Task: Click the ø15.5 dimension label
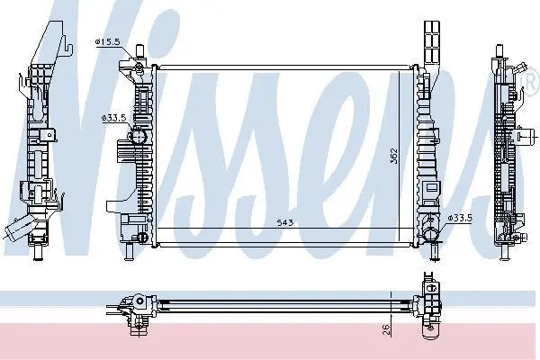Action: tap(107, 42)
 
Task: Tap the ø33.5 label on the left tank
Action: tap(113, 118)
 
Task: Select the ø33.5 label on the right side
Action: tap(460, 218)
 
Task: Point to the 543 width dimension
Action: tap(285, 223)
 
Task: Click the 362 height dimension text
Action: tap(394, 156)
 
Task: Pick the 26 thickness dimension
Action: tap(386, 329)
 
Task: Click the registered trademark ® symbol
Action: tap(533, 82)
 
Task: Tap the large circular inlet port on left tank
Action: tap(138, 137)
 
